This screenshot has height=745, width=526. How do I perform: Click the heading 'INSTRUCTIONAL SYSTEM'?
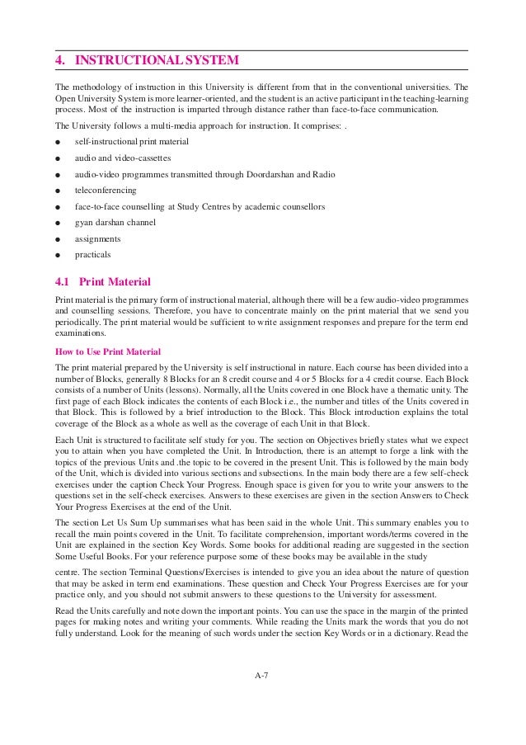tap(157, 60)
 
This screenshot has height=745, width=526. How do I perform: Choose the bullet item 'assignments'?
tap(97, 238)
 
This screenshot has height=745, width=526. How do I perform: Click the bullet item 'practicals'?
tap(93, 254)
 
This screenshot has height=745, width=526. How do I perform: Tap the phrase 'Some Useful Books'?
tap(87, 559)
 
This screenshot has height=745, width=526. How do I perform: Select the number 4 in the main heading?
tap(59, 60)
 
